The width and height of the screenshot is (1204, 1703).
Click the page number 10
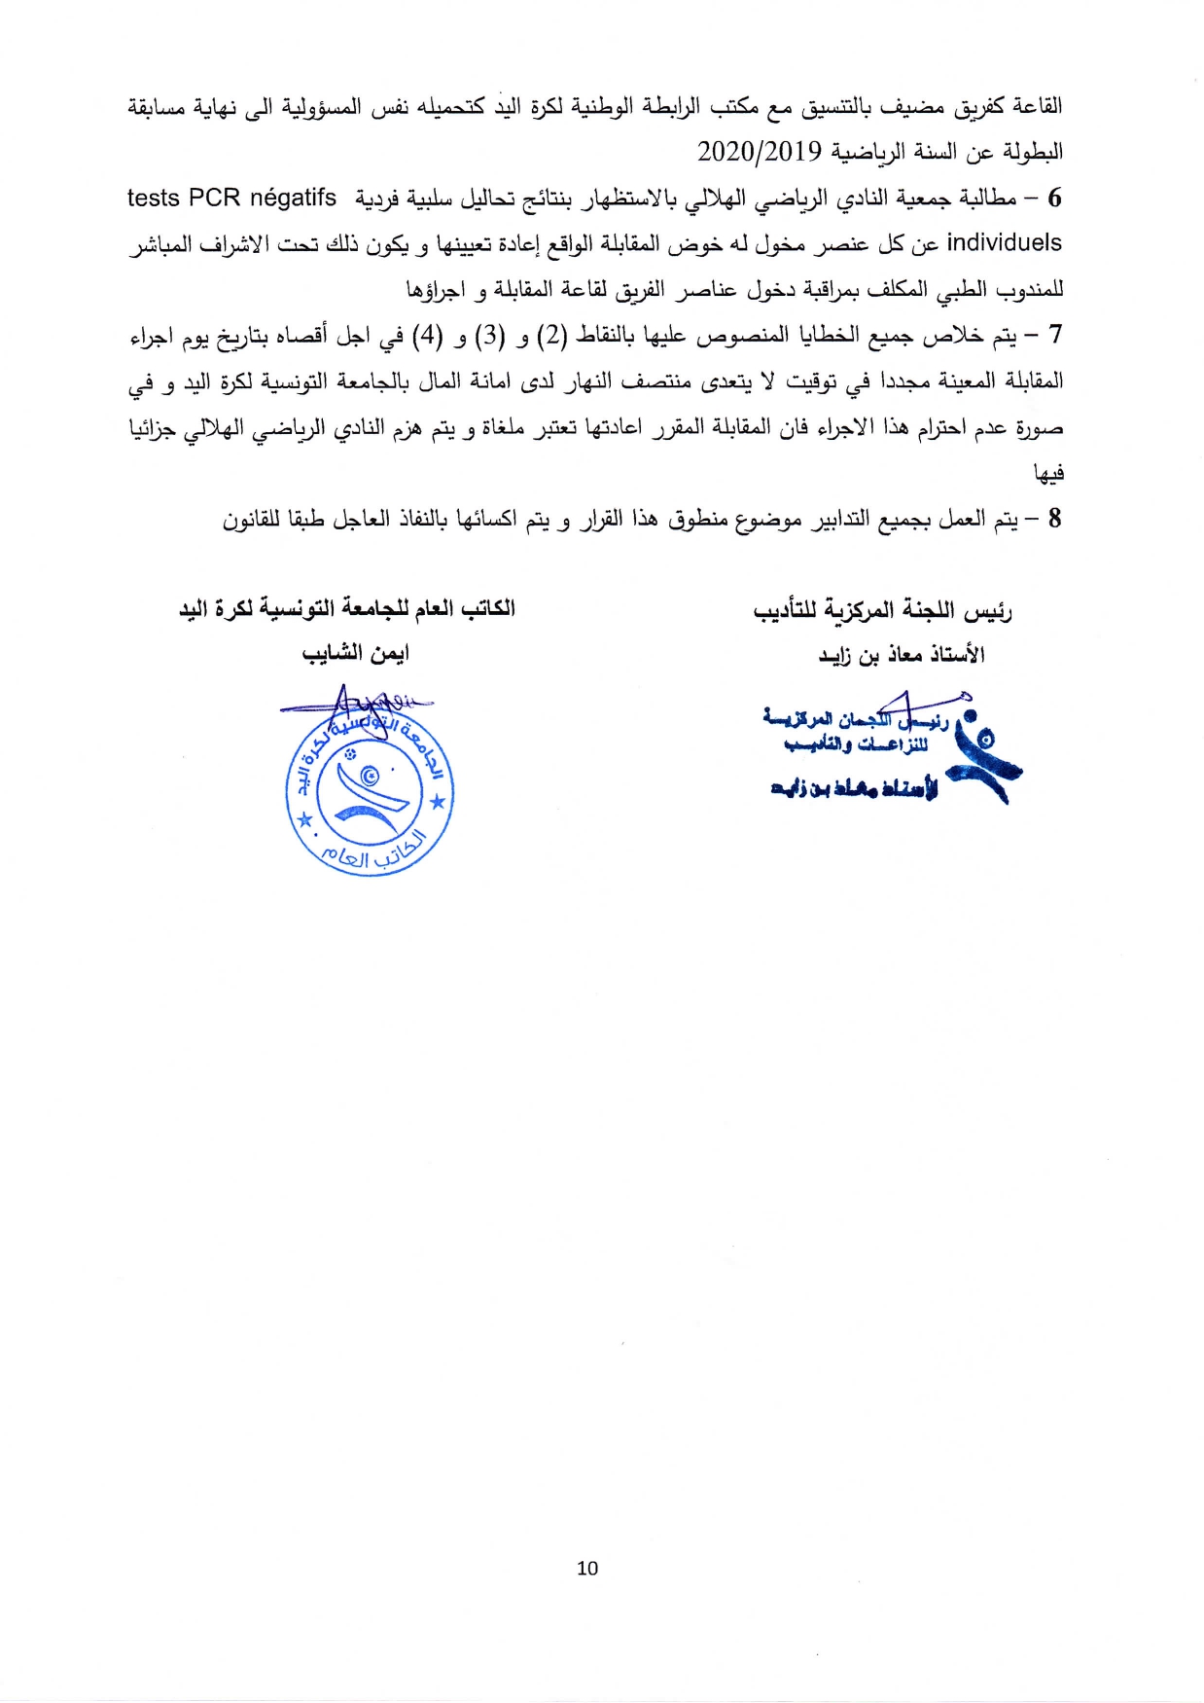587,1568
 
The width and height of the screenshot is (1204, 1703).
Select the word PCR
215,198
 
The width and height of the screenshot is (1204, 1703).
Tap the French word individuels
1004,242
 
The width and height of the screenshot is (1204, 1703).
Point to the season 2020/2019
760,152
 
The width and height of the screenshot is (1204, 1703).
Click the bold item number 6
1054,199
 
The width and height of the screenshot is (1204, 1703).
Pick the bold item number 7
1054,336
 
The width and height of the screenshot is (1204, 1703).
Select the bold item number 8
1054,519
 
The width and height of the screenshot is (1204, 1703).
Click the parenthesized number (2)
551,337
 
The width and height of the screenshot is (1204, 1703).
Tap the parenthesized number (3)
489,337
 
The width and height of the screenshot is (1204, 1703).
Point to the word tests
154,198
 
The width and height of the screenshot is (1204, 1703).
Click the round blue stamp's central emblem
370,788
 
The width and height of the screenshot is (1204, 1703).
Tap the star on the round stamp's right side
439,802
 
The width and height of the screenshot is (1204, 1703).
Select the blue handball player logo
982,753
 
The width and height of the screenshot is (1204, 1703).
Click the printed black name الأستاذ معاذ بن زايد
901,655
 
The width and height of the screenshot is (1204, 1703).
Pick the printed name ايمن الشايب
356,653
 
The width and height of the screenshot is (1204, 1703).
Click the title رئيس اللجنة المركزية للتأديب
882,611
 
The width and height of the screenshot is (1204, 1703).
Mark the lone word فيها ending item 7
1048,474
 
